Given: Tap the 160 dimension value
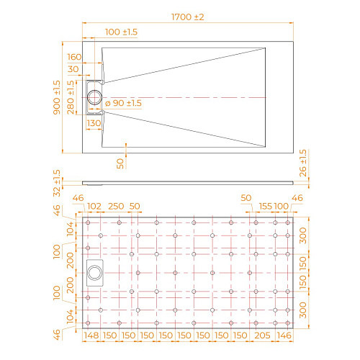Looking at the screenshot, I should click(74, 57).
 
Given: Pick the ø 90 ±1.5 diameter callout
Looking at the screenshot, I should click(123, 104).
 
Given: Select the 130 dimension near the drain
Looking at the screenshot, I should click(94, 123).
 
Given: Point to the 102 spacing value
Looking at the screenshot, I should click(95, 207).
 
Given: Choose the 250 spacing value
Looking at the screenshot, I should click(115, 207).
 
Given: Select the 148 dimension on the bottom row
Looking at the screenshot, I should click(91, 336).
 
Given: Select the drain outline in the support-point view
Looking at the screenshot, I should click(95, 274).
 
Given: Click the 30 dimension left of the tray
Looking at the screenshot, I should click(74, 69).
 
